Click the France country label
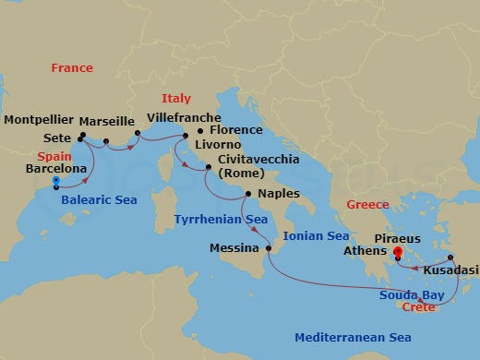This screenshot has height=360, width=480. click(72, 68)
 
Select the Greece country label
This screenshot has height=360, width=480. click(366, 204)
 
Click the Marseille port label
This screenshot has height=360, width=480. click(105, 121)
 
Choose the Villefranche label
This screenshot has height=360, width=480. click(185, 118)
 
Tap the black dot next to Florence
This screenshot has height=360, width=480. click(200, 131)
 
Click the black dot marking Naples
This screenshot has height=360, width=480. click(247, 194)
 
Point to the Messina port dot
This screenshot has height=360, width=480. click(269, 248)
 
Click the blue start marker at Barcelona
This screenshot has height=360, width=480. click(56, 181)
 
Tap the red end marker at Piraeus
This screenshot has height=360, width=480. click(397, 251)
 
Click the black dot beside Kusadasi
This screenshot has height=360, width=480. click(450, 258)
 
